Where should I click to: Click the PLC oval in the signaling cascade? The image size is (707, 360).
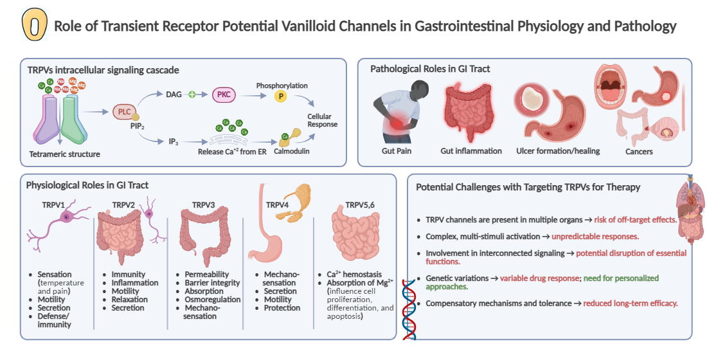tap(124, 111)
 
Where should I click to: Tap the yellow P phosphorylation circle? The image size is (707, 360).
tap(280, 96)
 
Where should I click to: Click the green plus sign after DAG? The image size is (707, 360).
tap(191, 95)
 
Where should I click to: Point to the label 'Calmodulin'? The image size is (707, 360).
tap(292, 153)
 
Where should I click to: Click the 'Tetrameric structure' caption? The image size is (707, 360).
tap(64, 154)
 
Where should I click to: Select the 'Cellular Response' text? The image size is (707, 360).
tap(322, 120)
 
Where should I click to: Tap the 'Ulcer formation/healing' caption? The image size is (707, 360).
tap(558, 151)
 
